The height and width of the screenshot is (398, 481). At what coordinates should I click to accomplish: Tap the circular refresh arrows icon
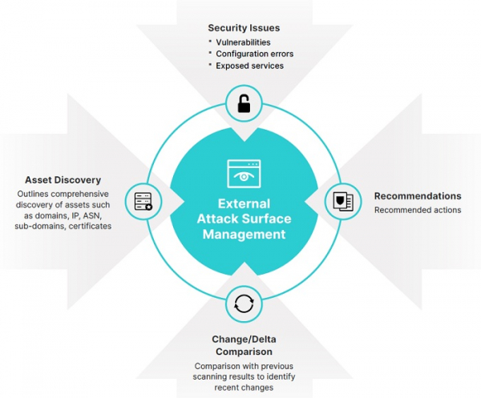pos(244,304)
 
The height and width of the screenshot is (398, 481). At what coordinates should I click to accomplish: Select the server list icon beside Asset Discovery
pos(143,200)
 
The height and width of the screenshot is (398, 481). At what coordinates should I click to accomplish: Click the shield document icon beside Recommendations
pos(343,200)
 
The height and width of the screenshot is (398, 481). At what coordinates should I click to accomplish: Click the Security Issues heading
pos(244,28)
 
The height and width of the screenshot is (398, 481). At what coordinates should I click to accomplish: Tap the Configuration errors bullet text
pos(254,54)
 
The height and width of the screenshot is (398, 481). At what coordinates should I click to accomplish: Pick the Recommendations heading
pos(418,196)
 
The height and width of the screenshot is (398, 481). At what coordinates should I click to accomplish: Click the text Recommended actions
pos(418,210)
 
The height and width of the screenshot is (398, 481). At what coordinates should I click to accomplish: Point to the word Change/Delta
pos(244,339)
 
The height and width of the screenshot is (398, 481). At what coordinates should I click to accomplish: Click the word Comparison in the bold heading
pos(244,351)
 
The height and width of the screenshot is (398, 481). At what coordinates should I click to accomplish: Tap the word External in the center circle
pos(244,203)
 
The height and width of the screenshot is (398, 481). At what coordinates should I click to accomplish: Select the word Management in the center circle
pos(244,235)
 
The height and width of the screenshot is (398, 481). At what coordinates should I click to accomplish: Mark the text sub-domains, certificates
pos(63,227)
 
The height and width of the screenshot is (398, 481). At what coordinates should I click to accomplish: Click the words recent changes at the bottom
pos(244,388)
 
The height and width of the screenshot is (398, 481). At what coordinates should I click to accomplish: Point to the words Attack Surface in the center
pos(244,219)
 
